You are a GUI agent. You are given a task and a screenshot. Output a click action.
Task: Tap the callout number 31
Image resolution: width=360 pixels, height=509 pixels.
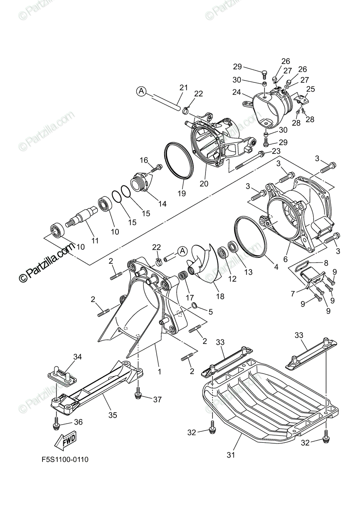231,455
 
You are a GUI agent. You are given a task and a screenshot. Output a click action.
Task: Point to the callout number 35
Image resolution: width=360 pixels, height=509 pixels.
112,415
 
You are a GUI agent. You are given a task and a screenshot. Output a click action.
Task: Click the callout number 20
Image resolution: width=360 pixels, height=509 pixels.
205,184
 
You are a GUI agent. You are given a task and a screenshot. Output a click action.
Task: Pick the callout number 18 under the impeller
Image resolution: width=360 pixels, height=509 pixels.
208,296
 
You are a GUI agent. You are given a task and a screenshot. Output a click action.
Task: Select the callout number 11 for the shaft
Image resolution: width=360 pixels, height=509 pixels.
95,240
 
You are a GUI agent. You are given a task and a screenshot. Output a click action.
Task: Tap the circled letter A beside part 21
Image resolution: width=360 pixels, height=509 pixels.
142,91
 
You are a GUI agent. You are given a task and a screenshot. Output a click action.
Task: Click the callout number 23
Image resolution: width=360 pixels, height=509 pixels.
276,151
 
